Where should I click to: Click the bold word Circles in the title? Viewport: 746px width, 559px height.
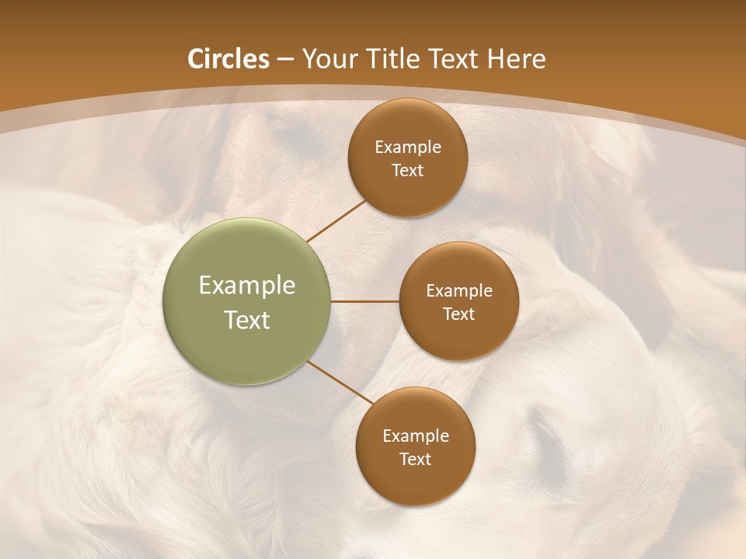pos(228,59)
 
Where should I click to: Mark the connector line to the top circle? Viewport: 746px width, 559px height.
pos(336,220)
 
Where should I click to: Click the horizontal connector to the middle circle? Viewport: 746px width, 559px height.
pos(364,301)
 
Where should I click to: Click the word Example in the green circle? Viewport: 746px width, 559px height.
pos(246,286)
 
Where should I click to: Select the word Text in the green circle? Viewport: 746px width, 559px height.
pos(246,320)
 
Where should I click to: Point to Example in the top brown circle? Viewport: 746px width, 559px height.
pos(407,148)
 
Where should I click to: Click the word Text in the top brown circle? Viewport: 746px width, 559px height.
pos(407,171)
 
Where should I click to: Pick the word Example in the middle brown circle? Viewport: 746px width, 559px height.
pos(458,291)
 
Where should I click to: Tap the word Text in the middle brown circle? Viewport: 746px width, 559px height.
pos(458,314)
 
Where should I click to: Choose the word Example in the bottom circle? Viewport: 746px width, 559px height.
pos(415,436)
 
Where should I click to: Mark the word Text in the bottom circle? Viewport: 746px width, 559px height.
pos(415,460)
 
